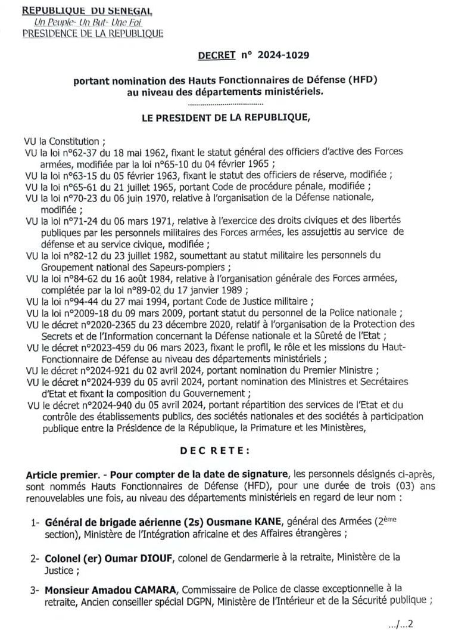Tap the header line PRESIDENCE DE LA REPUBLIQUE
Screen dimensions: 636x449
(x=92, y=33)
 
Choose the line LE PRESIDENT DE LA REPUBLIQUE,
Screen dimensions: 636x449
(x=226, y=117)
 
